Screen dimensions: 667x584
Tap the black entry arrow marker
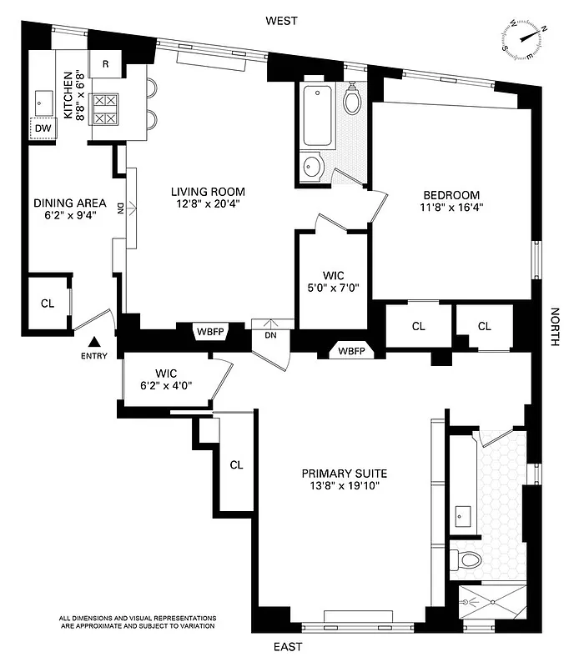pos(95,342)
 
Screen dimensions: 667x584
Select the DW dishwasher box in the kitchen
pos(42,128)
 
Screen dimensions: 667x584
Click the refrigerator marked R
pos(106,64)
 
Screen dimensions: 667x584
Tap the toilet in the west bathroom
pos(352,99)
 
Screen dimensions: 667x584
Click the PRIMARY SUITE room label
pos(345,473)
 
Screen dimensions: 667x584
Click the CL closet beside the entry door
pos(48,303)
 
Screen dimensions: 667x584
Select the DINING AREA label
pos(69,203)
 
